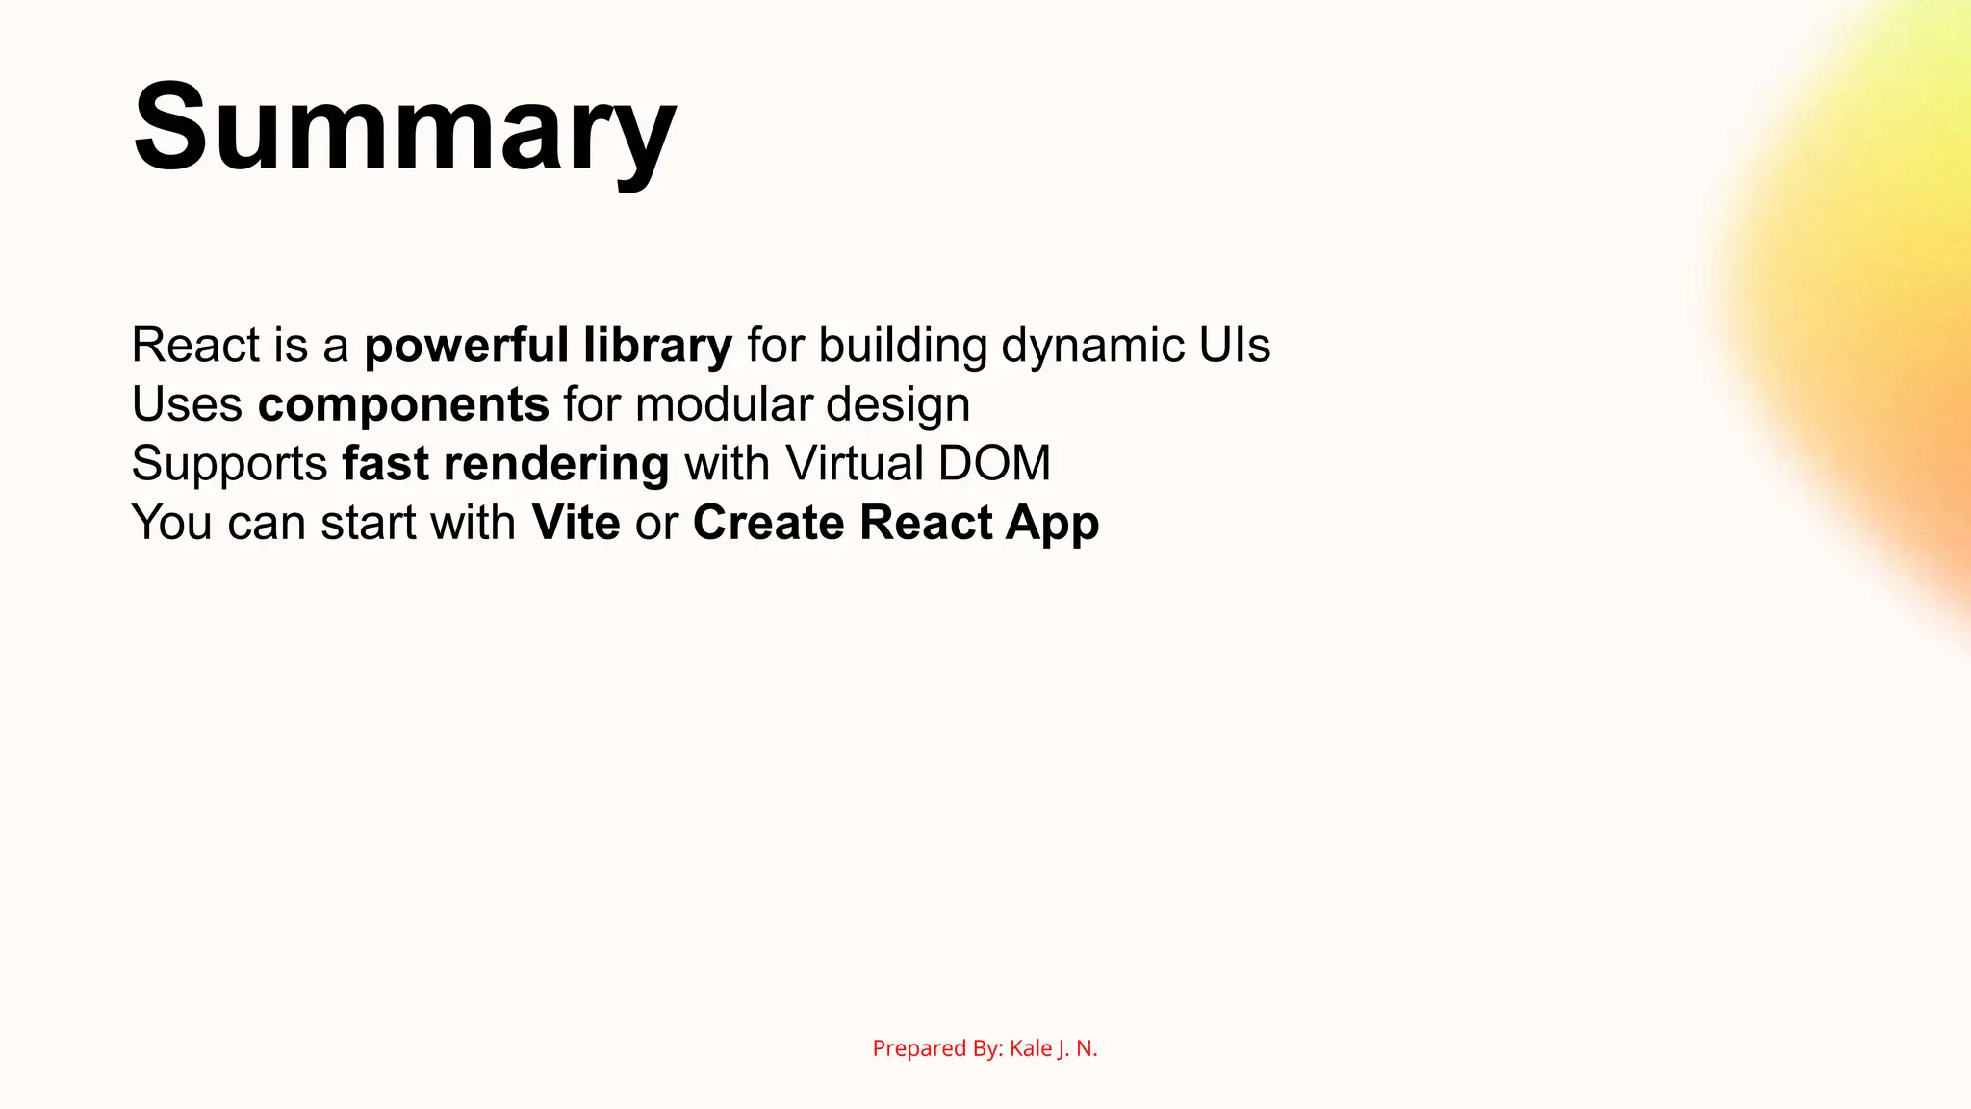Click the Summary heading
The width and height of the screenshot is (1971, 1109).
tap(404, 127)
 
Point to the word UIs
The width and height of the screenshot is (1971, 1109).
tap(1234, 346)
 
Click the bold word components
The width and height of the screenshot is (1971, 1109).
tap(402, 405)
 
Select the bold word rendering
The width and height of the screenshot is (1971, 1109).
tap(556, 465)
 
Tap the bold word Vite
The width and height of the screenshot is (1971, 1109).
tap(576, 523)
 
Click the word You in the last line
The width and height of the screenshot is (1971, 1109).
tap(171, 523)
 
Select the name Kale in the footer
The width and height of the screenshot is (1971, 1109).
tap(1030, 1048)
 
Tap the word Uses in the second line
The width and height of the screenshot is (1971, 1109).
tap(187, 405)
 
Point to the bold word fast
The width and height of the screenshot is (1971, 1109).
tap(385, 464)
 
